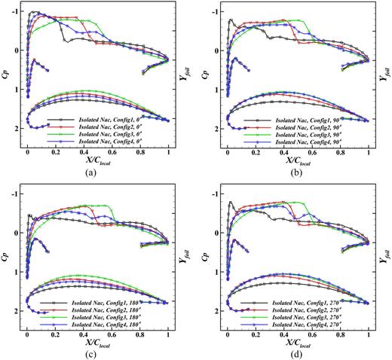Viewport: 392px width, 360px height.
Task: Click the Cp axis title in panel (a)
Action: coord(7,78)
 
